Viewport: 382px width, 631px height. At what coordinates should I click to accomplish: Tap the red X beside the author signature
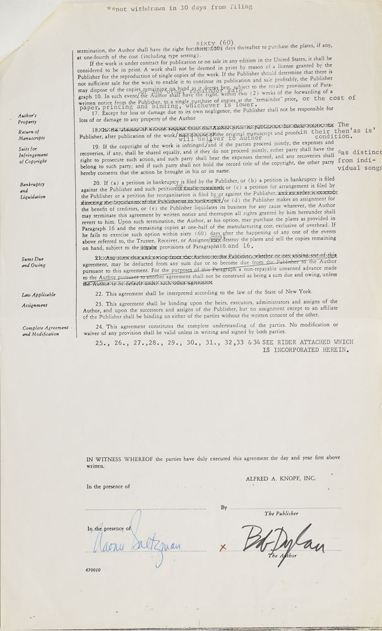222,547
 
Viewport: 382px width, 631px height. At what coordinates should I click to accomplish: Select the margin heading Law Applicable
38,294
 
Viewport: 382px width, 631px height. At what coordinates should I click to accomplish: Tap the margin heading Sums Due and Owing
34,262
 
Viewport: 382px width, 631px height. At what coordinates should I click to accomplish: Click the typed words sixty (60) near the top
196,42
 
